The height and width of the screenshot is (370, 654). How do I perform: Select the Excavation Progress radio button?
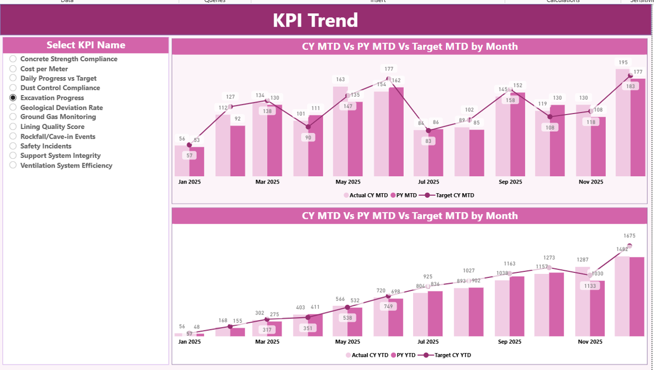(13, 98)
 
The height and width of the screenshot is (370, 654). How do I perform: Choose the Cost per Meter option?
(13, 69)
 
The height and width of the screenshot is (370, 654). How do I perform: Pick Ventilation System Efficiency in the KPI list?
(13, 165)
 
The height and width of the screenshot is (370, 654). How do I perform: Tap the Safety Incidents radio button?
(13, 146)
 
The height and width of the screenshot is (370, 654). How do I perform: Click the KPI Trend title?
(315, 21)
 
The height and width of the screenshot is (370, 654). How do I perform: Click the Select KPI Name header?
(86, 45)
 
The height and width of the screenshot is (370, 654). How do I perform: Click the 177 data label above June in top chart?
(388, 69)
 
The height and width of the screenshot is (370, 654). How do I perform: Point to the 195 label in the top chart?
(623, 62)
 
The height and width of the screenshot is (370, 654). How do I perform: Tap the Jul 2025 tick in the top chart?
(428, 182)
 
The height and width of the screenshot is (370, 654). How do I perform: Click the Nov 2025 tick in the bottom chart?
(591, 342)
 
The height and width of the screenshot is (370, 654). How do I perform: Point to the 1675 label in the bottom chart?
(629, 236)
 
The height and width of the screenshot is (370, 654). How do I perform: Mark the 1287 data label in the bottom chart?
(583, 260)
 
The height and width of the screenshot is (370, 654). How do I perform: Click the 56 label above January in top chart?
(182, 139)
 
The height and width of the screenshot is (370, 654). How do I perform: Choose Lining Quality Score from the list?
(13, 127)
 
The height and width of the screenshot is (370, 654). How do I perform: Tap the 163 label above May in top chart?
(340, 80)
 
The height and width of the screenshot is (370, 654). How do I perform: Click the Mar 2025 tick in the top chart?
(267, 182)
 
